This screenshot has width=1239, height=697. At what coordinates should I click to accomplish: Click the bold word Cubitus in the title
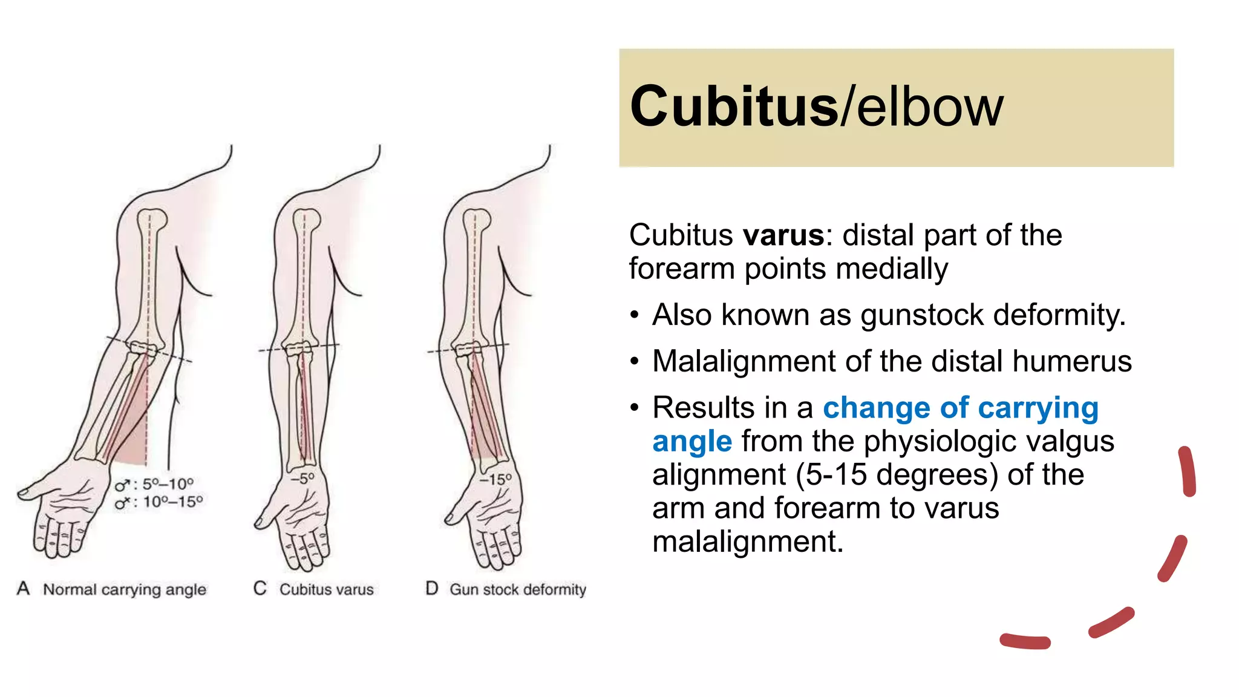[x=733, y=106]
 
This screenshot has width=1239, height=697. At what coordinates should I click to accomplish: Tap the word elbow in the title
[x=930, y=106]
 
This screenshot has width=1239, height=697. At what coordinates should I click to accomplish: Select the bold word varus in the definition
[x=783, y=235]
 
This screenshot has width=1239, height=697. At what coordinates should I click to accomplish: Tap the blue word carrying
[x=1038, y=408]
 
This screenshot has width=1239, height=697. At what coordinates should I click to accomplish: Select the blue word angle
[x=692, y=442]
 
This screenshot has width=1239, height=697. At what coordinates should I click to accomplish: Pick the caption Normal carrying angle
[x=125, y=589]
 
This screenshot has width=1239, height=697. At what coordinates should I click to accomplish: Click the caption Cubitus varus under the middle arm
[x=326, y=589]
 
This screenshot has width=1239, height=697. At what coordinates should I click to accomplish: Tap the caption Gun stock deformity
[x=517, y=589]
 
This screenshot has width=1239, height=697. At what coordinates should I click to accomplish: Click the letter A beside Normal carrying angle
[x=24, y=588]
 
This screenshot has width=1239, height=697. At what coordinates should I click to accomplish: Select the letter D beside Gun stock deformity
[x=431, y=588]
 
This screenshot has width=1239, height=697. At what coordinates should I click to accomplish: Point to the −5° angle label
[x=302, y=478]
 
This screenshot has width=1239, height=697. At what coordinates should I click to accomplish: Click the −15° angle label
[x=495, y=479]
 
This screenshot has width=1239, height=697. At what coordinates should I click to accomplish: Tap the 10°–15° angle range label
[x=172, y=502]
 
